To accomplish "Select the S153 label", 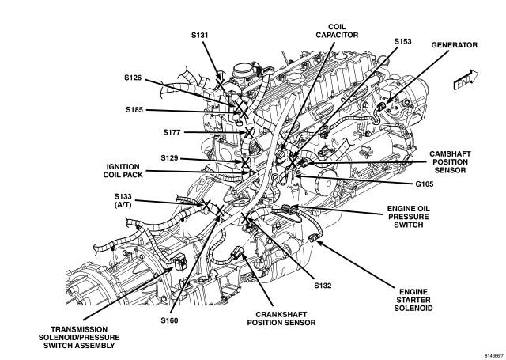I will (405, 40).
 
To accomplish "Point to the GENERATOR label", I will (454, 46).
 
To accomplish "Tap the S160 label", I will (170, 320).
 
